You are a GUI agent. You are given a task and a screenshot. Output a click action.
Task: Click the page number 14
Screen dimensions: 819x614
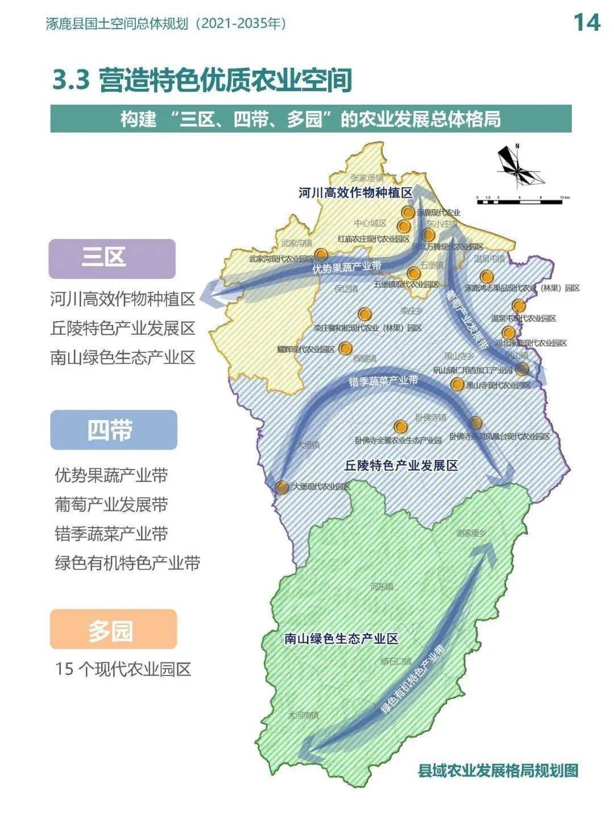586,22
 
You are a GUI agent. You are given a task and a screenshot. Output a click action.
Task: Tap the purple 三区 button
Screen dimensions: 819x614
112,258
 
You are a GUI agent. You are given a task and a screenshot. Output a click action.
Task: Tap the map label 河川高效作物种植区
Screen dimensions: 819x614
355,193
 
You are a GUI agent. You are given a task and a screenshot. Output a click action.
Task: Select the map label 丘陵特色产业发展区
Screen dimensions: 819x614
401,466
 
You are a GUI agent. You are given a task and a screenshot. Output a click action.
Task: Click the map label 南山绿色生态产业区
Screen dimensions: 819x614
341,639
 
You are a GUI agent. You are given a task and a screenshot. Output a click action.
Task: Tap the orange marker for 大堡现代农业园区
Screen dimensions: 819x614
282,487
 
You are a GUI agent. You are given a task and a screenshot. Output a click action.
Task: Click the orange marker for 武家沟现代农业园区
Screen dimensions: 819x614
321,254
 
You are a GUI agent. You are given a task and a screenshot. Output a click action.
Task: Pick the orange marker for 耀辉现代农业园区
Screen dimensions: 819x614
345,348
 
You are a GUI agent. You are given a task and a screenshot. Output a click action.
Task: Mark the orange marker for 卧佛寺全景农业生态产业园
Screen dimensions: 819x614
401,426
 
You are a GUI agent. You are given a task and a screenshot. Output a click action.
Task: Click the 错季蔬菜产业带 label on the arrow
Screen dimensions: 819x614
383,380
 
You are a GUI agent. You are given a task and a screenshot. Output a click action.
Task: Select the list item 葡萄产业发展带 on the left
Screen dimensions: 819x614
111,504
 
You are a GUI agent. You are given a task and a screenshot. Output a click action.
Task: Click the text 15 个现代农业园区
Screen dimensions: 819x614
123,669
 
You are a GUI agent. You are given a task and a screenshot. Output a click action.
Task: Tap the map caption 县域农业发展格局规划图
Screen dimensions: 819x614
498,771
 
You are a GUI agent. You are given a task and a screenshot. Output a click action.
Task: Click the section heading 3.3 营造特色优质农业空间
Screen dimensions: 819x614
202,80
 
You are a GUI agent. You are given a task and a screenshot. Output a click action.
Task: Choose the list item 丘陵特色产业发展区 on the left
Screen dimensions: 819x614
123,328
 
